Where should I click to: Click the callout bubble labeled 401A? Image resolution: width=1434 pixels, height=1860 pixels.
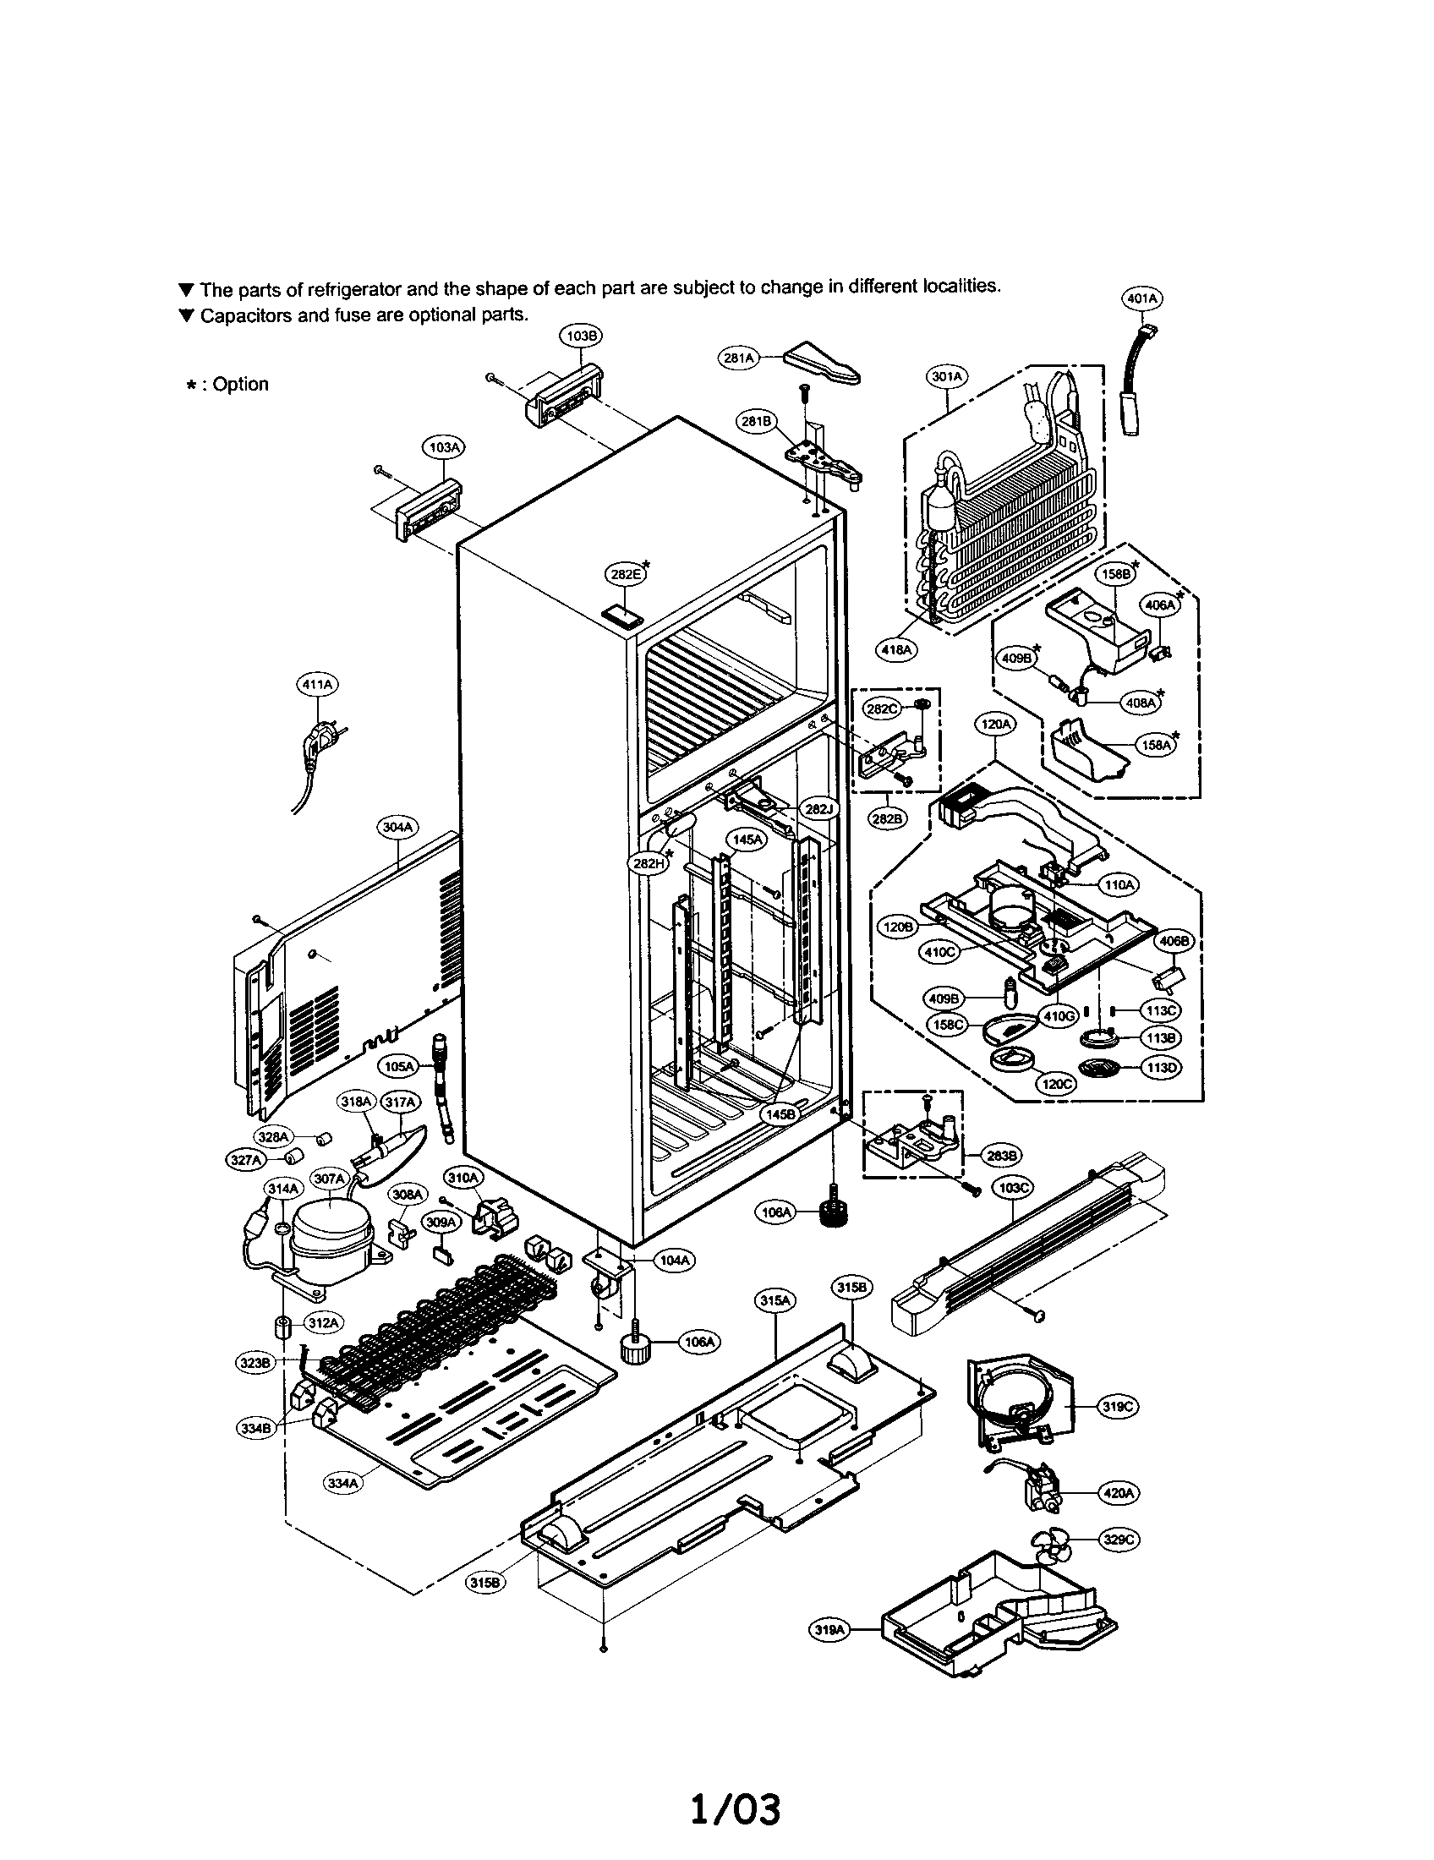(1142, 299)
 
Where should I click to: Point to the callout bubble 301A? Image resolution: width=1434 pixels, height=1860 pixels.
(947, 375)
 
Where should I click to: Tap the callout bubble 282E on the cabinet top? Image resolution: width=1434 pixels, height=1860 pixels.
(626, 574)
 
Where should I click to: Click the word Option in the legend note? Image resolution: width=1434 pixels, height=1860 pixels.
(240, 384)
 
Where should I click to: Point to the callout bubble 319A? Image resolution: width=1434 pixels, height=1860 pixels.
(829, 1630)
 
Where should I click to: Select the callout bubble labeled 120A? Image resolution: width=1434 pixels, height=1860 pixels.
(995, 725)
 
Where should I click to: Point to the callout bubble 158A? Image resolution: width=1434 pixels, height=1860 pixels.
(1155, 744)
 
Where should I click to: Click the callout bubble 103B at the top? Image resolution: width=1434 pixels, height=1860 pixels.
(581, 336)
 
